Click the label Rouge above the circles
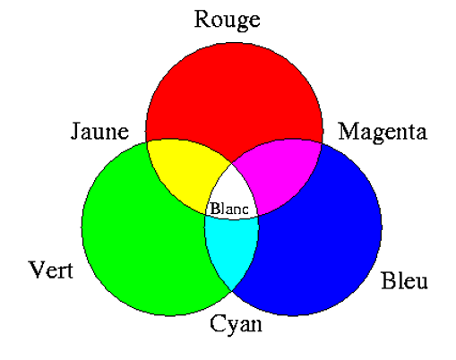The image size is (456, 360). coord(228,20)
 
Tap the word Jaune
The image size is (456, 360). coord(99,131)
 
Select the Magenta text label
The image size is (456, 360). coord(383,133)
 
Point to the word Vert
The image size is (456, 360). coord(51,270)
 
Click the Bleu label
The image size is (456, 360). coord(404,280)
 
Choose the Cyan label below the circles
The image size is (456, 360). coord(236,324)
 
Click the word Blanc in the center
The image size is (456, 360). coord(229,209)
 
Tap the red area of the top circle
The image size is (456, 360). coord(234,96)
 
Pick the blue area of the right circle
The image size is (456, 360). coord(323,239)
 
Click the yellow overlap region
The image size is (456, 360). coord(186,173)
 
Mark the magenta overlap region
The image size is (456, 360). coord(280,173)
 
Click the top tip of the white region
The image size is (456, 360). coord(232,164)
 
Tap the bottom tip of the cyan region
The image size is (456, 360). coord(232,291)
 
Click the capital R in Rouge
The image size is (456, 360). coord(202,19)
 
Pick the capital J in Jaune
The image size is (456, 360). coord(76,131)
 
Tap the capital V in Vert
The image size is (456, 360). coord(39,270)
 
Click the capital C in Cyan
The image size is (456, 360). coord(218,323)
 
